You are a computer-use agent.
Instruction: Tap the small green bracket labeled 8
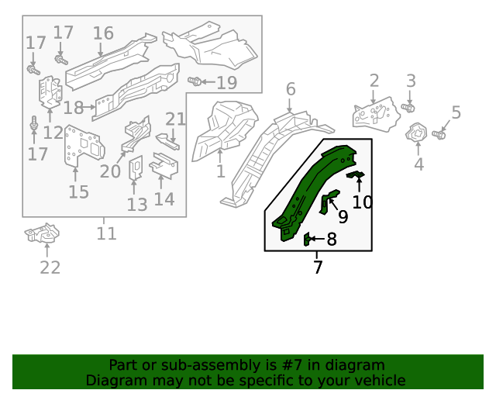307,239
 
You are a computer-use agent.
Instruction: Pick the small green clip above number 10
357,176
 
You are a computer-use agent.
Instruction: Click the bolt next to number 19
195,81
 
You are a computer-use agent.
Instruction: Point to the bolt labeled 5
438,135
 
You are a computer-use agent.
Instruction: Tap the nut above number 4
416,133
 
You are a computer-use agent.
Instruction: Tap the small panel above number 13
134,167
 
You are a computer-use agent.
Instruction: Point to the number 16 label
103,33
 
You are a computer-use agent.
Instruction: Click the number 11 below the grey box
106,233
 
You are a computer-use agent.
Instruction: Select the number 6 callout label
291,89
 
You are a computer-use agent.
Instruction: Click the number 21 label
176,119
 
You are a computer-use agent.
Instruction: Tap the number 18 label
74,108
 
